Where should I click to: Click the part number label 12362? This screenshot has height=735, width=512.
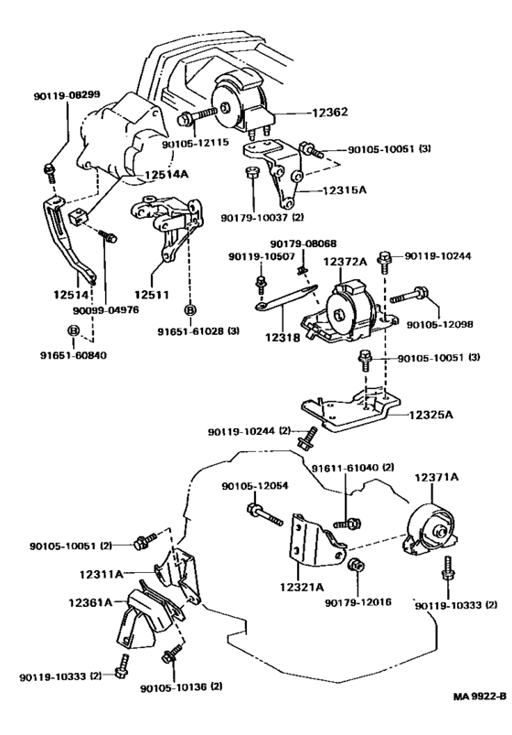point(330,112)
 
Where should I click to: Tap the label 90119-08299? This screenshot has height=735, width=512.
point(67,95)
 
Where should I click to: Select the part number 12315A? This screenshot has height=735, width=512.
point(345,190)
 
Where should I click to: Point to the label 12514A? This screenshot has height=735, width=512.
point(166,175)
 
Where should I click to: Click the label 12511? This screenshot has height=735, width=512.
point(152,295)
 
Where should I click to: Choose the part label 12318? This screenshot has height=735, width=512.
point(283,337)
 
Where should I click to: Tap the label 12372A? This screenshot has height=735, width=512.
point(345,262)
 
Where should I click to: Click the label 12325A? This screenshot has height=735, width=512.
point(431,415)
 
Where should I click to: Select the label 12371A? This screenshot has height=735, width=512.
point(435,477)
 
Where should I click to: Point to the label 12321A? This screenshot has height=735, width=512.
point(302,587)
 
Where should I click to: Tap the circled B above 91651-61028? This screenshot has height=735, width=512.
point(190,310)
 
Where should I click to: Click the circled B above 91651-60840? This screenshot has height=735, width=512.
point(73,330)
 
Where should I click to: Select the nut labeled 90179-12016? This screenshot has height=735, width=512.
point(356,564)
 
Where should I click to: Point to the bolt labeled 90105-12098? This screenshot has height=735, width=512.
point(409,296)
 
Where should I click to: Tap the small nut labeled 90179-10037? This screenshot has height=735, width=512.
point(252,171)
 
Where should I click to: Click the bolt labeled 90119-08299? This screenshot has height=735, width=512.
point(50,173)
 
